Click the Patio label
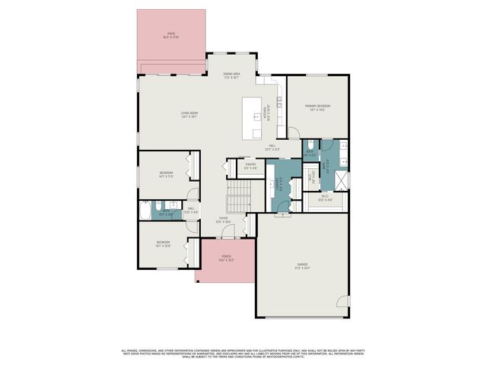[171, 33]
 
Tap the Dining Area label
[232, 74]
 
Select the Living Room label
[189, 113]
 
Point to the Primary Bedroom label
[317, 105]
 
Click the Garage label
[302, 264]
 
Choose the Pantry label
[250, 163]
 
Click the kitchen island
[253, 118]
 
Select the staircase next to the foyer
[240, 197]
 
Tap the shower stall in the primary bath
[342, 179]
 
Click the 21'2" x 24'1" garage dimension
[302, 268]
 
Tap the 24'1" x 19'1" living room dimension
[189, 118]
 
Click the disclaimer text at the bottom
[243, 354]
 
